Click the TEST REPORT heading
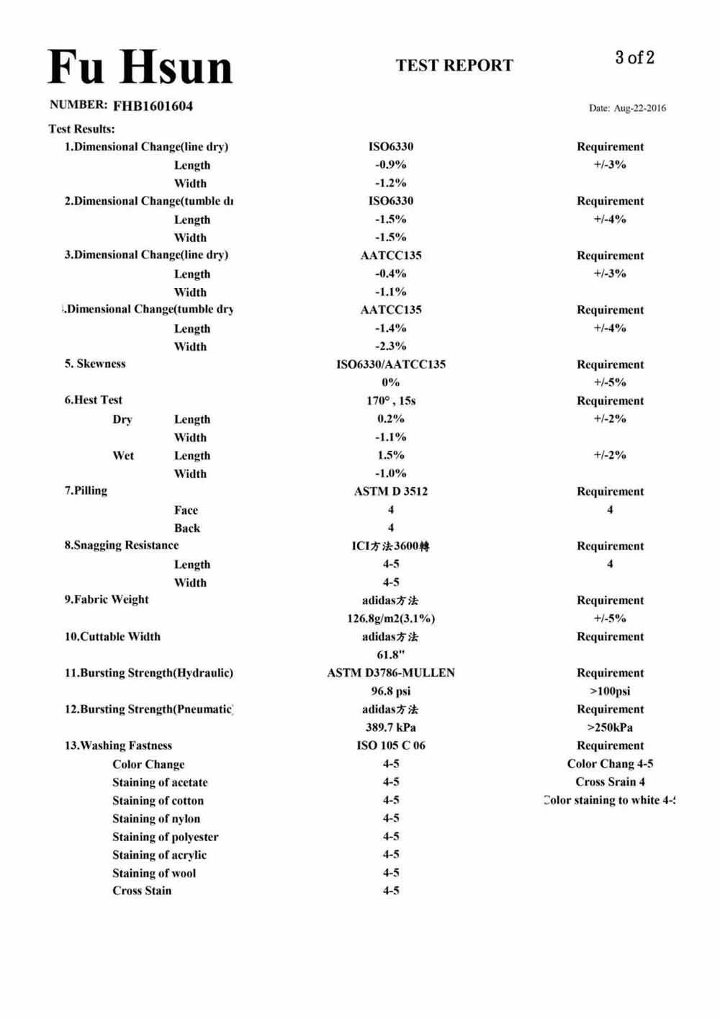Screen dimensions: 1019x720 454,66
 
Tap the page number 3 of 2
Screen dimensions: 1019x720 634,58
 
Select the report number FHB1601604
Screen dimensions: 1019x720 153,106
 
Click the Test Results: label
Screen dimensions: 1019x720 81,129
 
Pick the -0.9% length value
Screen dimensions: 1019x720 390,165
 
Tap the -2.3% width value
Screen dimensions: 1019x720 390,346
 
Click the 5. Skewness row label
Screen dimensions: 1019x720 95,364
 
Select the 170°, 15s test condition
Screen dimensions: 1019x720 391,400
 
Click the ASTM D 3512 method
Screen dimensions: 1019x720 391,491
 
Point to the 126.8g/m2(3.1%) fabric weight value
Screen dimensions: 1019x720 391,619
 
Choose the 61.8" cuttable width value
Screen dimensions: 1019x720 391,655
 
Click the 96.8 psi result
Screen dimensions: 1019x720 391,691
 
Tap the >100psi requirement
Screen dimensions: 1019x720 610,691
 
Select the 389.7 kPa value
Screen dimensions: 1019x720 391,727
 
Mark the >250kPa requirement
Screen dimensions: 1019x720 610,727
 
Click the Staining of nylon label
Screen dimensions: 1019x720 156,819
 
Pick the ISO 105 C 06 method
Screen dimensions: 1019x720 391,745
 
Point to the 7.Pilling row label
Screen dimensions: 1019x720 86,490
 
